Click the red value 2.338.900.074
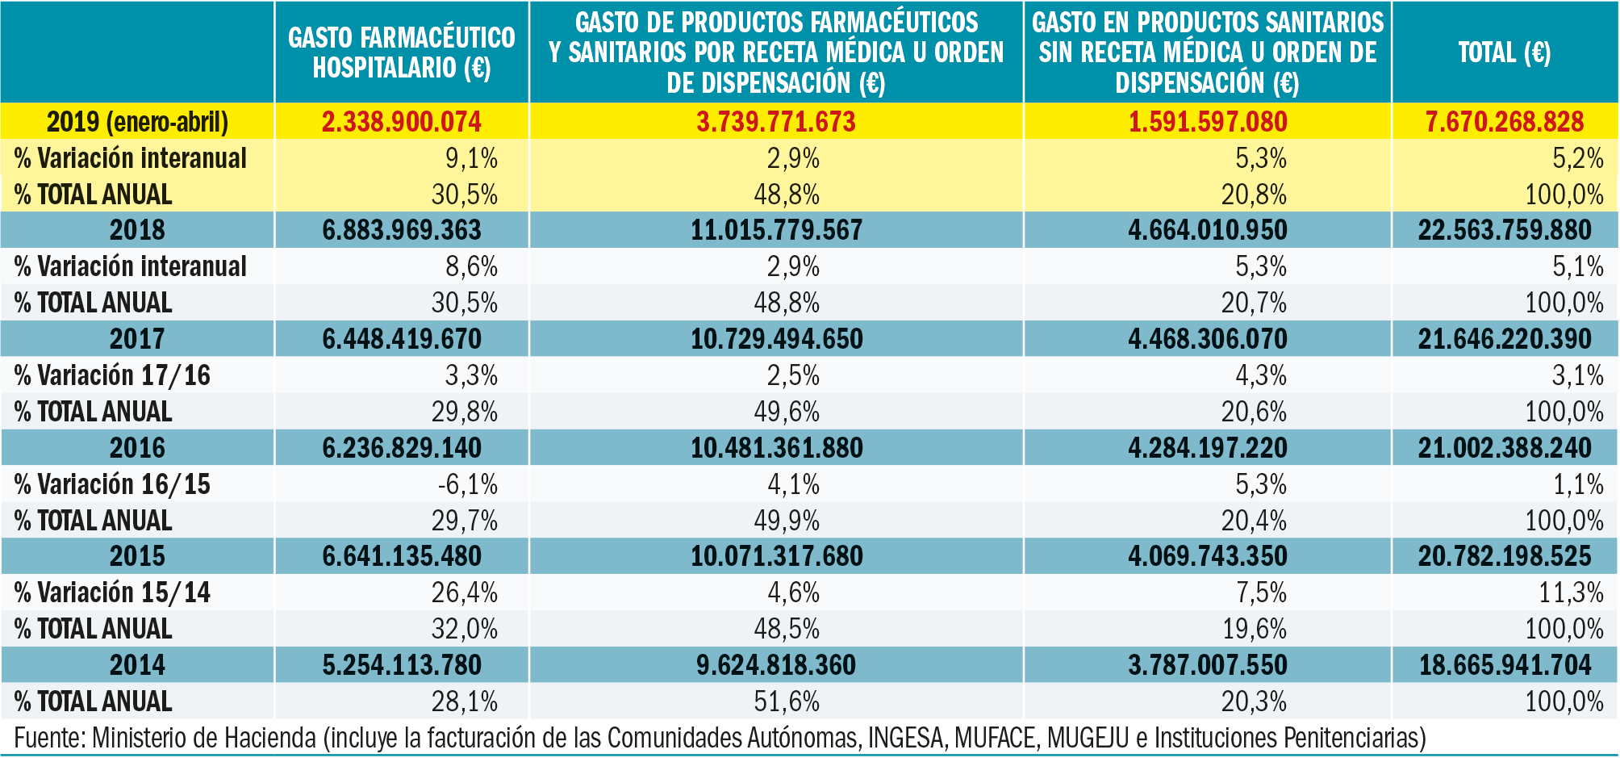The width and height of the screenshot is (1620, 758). click(x=401, y=122)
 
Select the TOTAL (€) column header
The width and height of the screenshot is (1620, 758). click(x=1504, y=52)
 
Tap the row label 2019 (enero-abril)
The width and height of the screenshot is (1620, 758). click(x=137, y=122)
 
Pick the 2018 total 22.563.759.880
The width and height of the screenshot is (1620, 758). click(x=1505, y=230)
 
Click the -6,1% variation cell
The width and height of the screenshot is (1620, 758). click(x=467, y=484)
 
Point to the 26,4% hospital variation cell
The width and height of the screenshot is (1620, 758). click(x=464, y=593)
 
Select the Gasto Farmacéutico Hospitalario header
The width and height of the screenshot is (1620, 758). click(x=401, y=52)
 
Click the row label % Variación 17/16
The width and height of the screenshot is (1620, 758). click(x=112, y=375)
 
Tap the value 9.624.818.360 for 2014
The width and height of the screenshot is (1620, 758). click(x=776, y=665)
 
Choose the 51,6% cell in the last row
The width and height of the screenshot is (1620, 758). click(x=787, y=701)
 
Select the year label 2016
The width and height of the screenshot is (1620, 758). click(x=137, y=448)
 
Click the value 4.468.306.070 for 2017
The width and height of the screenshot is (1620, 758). click(x=1208, y=339)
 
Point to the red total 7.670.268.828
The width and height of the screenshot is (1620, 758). click(x=1505, y=122)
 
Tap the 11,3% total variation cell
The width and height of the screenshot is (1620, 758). click(x=1571, y=593)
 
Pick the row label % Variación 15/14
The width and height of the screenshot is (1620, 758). click(x=112, y=593)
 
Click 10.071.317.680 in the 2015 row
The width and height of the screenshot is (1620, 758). click(x=776, y=556)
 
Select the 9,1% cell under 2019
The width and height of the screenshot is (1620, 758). click(x=471, y=158)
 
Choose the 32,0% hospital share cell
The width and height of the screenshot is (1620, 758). click(x=464, y=629)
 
